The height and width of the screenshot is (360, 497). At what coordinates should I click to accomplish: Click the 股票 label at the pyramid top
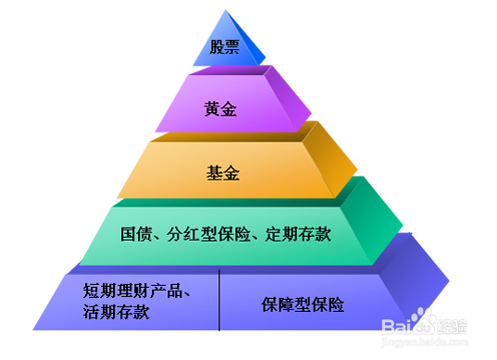(x=225, y=47)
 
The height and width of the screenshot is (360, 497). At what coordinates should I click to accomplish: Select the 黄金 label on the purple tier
(x=220, y=109)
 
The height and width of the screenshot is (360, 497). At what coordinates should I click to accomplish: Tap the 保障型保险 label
(x=303, y=304)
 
